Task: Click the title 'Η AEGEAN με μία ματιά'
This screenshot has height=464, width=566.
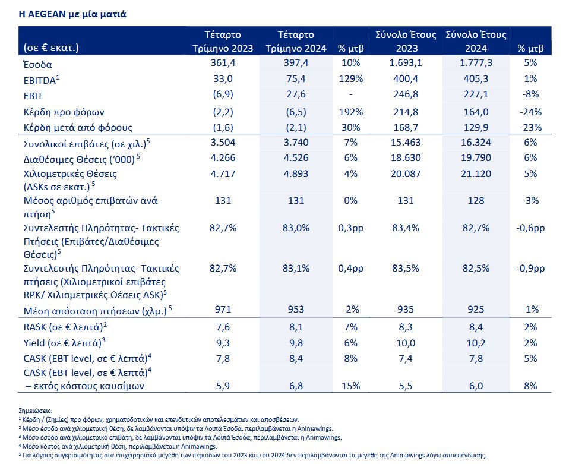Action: pos(72,14)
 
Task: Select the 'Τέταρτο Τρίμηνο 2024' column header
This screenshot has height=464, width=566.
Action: pos(296,42)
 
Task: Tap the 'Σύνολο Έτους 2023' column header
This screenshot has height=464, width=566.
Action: pos(406,42)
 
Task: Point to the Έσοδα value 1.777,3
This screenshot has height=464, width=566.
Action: pos(476,63)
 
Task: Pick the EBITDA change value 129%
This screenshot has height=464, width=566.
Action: pos(350,78)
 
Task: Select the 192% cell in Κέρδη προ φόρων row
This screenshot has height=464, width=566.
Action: pos(350,112)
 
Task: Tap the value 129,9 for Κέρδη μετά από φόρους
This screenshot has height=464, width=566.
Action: pos(476,128)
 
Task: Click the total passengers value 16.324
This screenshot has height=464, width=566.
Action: pos(476,142)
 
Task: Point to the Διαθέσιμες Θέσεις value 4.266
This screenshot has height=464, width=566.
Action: pos(223,158)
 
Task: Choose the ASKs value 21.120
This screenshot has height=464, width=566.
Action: pos(476,173)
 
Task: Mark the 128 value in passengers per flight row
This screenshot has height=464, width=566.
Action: pos(476,200)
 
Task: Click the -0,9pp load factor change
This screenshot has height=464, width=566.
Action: pos(530,269)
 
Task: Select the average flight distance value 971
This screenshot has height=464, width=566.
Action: pos(223,309)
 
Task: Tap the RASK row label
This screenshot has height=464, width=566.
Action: pos(65,327)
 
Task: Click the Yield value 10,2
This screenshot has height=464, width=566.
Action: pos(476,343)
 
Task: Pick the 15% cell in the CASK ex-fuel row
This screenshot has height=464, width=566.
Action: pos(350,386)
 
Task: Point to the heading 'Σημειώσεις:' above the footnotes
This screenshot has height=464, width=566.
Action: pos(36,411)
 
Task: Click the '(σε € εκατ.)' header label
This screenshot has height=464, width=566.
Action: pos(51,48)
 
